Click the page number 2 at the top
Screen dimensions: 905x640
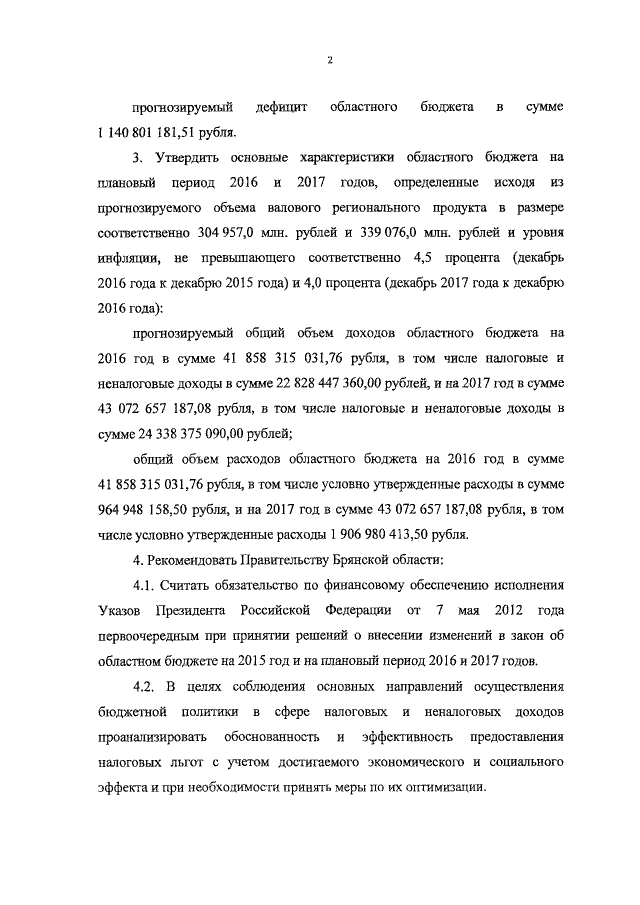point(329,62)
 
